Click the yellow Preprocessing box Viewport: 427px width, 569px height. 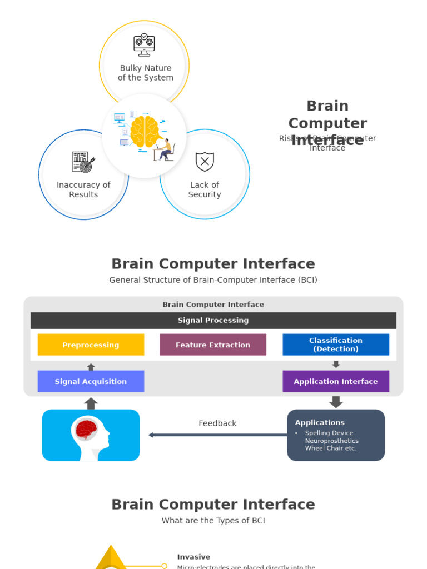[x=91, y=345]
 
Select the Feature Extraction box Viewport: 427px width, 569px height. [x=213, y=345]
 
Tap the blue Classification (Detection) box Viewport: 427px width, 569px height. [x=336, y=345]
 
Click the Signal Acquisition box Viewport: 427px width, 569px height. [x=91, y=381]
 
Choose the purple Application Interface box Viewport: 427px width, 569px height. [x=336, y=381]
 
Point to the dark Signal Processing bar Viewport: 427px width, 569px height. [x=213, y=320]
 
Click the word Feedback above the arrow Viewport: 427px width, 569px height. [x=217, y=423]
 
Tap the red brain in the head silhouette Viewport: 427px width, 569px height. [x=87, y=429]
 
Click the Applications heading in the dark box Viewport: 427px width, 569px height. [x=320, y=422]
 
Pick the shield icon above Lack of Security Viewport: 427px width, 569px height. [x=205, y=162]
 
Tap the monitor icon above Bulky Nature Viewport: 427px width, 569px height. [x=144, y=45]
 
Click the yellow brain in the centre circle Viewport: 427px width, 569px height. [x=143, y=132]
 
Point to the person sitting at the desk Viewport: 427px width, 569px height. [x=165, y=150]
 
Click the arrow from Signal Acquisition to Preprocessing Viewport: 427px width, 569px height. [x=91, y=367]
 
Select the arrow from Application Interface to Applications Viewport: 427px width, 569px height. [x=336, y=402]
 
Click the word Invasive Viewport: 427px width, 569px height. [x=193, y=557]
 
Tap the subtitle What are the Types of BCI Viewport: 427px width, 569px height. [x=213, y=521]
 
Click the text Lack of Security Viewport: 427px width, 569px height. [x=205, y=189]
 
